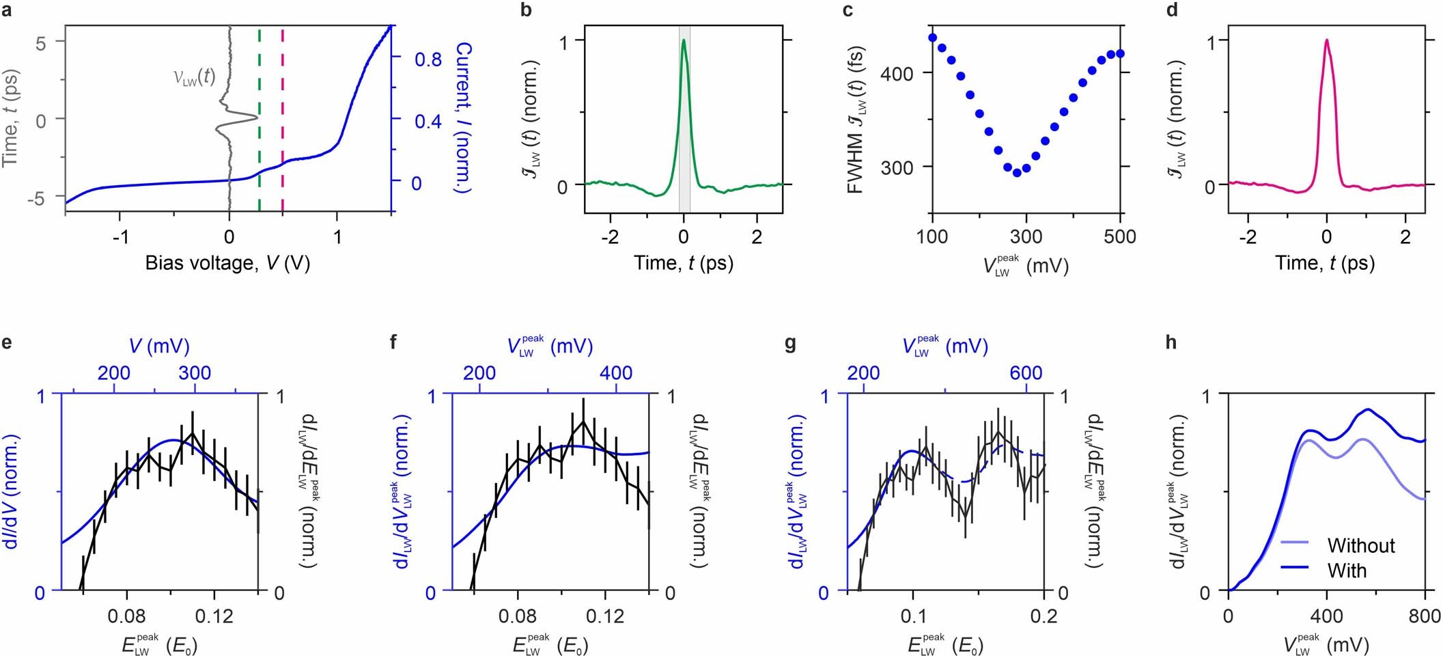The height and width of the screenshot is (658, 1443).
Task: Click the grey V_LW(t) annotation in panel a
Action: coord(194,77)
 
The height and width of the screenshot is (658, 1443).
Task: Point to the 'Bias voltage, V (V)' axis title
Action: coord(227,263)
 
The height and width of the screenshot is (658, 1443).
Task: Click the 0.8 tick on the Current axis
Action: coord(428,59)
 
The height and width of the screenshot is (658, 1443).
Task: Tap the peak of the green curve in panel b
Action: coord(683,40)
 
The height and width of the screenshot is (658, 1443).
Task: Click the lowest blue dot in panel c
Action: coord(1017,173)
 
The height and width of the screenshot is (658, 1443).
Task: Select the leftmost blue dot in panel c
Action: coord(932,38)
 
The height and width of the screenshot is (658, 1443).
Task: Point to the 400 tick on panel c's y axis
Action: coord(897,73)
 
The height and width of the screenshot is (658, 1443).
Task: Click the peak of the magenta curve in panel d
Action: coord(1326,40)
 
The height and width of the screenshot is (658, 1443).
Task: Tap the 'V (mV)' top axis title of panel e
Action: coord(159,346)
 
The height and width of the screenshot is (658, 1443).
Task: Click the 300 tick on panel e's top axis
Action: coord(195,373)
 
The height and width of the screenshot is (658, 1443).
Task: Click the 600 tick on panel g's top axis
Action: coord(1026,373)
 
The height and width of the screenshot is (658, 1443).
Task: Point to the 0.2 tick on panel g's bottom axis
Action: coord(1043,616)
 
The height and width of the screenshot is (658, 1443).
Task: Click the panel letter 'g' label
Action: coord(791,342)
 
